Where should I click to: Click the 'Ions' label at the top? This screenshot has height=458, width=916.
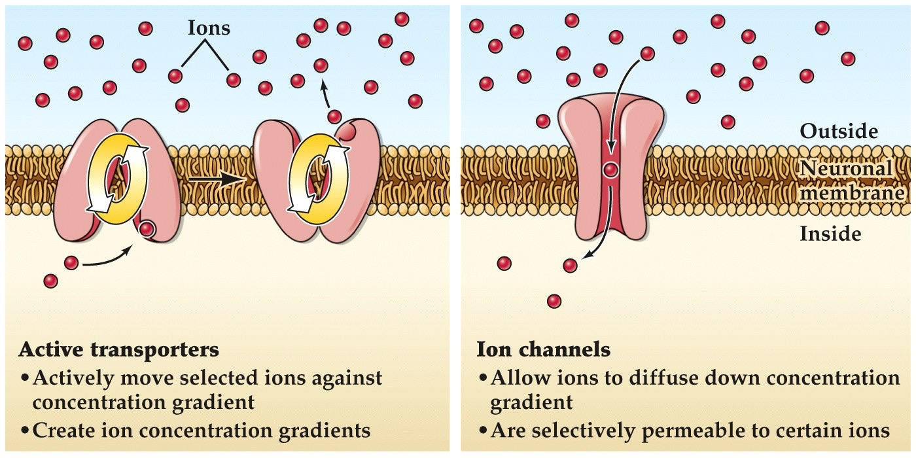pos(209,28)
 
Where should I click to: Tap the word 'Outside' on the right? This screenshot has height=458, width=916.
pos(838,131)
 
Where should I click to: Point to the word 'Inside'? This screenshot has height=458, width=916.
pos(830,232)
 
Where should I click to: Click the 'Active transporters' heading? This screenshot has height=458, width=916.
pos(119,349)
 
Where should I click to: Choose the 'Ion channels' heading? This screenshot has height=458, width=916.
pos(543,349)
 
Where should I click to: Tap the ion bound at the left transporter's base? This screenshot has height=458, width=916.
pos(147,229)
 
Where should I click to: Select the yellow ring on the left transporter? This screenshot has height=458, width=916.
pos(118,178)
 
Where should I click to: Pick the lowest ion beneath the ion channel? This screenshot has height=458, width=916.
pos(554,301)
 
